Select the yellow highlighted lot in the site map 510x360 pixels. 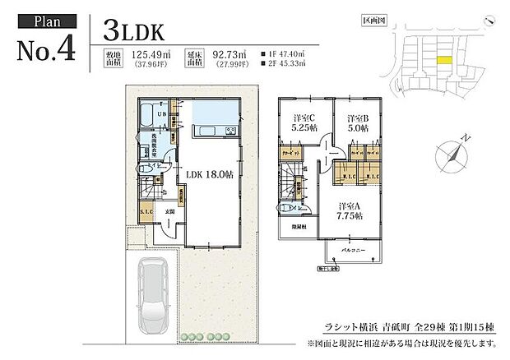[443, 60]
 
